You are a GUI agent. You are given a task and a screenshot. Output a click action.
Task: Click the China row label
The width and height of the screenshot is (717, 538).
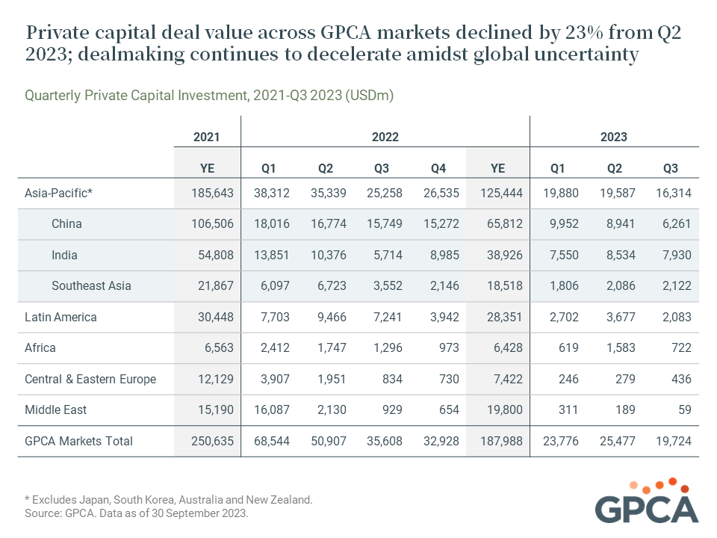click(66, 223)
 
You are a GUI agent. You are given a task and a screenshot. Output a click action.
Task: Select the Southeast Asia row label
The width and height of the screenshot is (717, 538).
click(91, 286)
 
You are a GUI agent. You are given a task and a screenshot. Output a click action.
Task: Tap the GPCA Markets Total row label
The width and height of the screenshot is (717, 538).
click(78, 441)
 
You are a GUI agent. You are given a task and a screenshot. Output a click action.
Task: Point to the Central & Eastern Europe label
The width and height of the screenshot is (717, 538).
click(90, 380)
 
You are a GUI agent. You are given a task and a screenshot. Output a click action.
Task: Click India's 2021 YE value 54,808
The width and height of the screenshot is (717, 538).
click(216, 255)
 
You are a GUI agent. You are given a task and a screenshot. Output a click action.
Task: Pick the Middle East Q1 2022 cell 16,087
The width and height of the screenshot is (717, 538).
click(272, 409)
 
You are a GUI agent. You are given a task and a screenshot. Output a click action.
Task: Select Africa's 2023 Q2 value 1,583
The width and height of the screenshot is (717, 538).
click(621, 347)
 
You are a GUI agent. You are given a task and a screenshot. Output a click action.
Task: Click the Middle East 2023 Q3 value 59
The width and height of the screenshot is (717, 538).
click(685, 409)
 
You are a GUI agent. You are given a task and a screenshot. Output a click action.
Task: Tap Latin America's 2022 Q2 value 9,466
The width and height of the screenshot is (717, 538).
click(332, 317)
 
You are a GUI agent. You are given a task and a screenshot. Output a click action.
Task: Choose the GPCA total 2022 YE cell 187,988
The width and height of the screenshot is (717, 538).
click(502, 441)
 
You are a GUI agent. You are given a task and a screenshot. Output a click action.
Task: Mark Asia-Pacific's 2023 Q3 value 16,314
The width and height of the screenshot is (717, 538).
click(674, 193)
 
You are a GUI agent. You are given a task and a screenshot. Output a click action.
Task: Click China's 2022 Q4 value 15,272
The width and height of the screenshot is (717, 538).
click(441, 223)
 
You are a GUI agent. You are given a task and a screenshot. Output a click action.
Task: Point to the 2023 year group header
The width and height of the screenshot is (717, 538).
click(614, 137)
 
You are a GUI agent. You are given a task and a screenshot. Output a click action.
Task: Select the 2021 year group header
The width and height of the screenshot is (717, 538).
click(207, 137)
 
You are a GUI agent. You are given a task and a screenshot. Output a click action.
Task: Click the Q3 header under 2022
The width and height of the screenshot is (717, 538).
click(382, 168)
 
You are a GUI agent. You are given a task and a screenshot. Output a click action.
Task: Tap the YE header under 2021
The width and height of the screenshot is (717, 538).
click(207, 168)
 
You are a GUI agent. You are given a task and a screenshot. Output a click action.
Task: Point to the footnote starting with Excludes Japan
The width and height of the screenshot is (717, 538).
click(169, 500)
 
